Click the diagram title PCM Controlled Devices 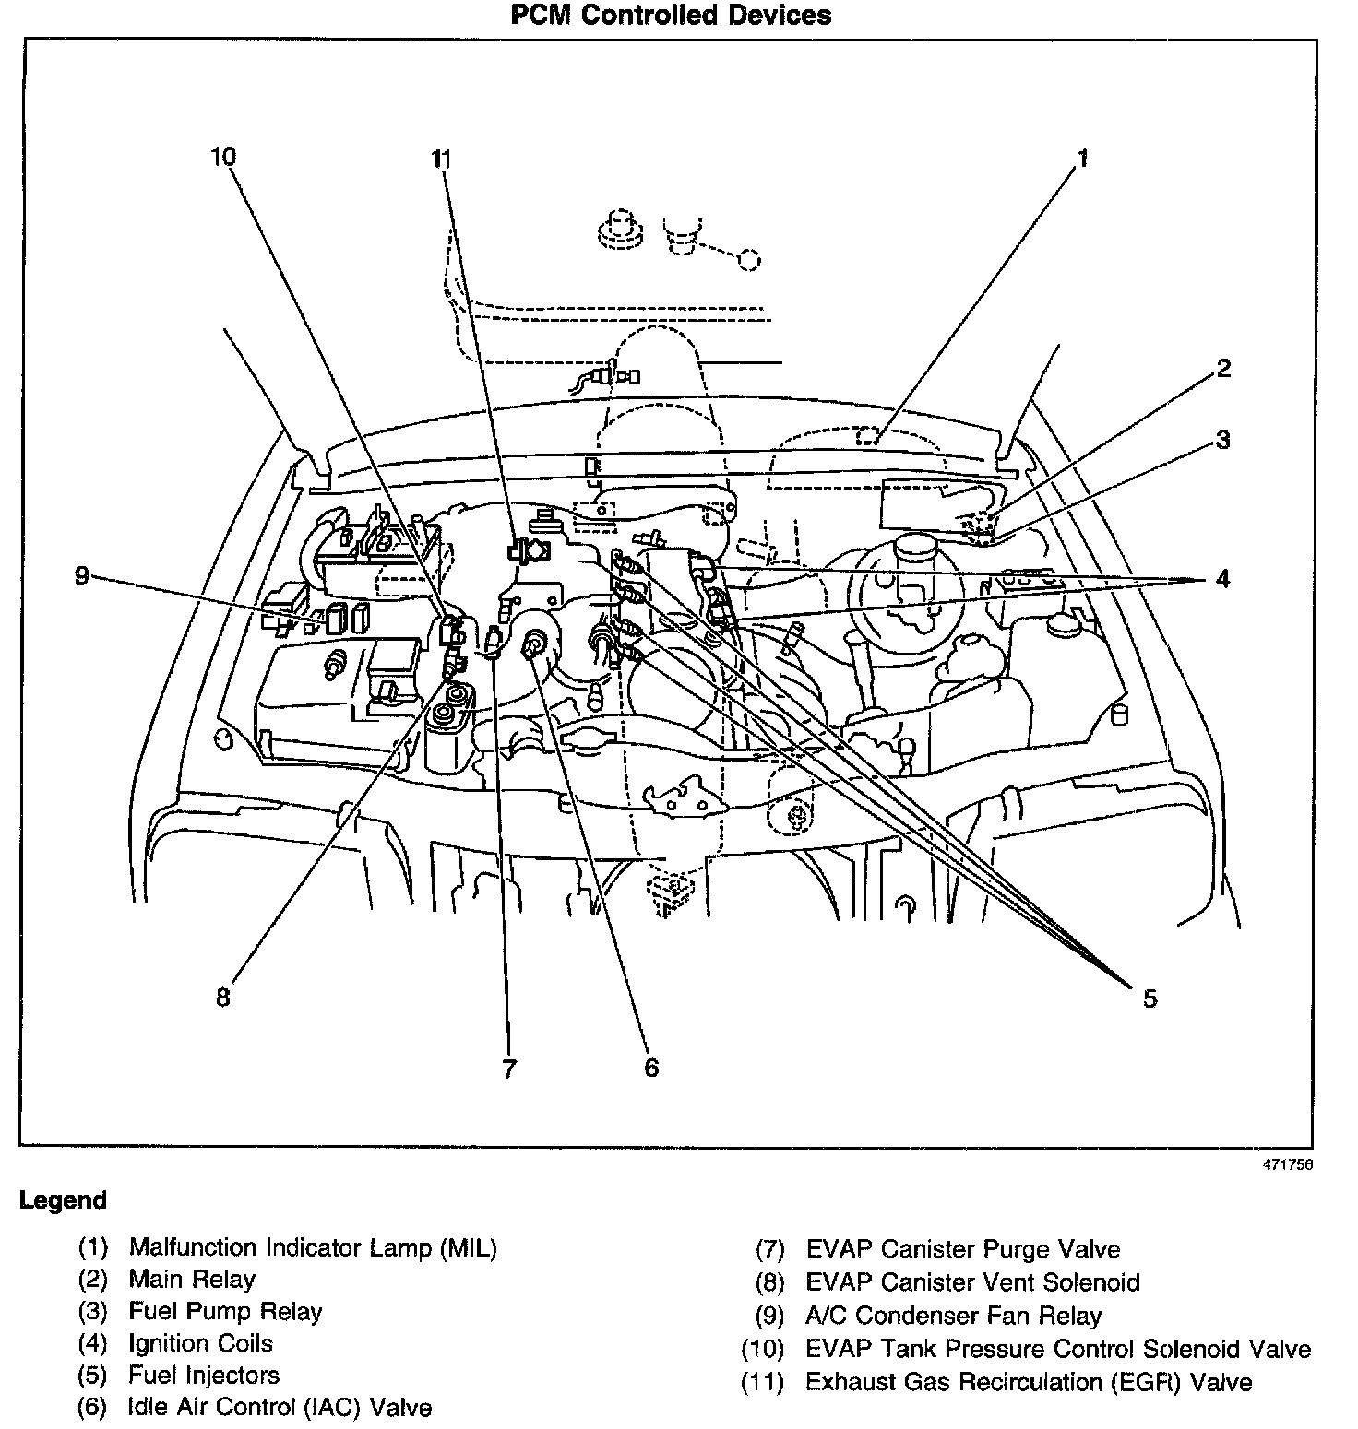point(672,16)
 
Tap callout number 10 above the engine point(223,157)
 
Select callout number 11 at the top point(442,159)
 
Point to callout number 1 point(1083,159)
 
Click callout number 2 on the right point(1223,369)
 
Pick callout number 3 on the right point(1223,440)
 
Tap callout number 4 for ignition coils point(1223,579)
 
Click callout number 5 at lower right point(1150,998)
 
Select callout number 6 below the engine point(651,1068)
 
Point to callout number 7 point(509,1069)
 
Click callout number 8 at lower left point(223,998)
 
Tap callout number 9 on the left point(82,576)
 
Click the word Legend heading point(63,1200)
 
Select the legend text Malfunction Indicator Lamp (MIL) point(313,1248)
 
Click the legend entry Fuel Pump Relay point(225,1311)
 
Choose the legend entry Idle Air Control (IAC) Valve point(280,1407)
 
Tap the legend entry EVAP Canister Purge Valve point(962,1250)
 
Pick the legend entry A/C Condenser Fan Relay point(953,1316)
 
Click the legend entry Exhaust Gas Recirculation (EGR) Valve point(1028,1382)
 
